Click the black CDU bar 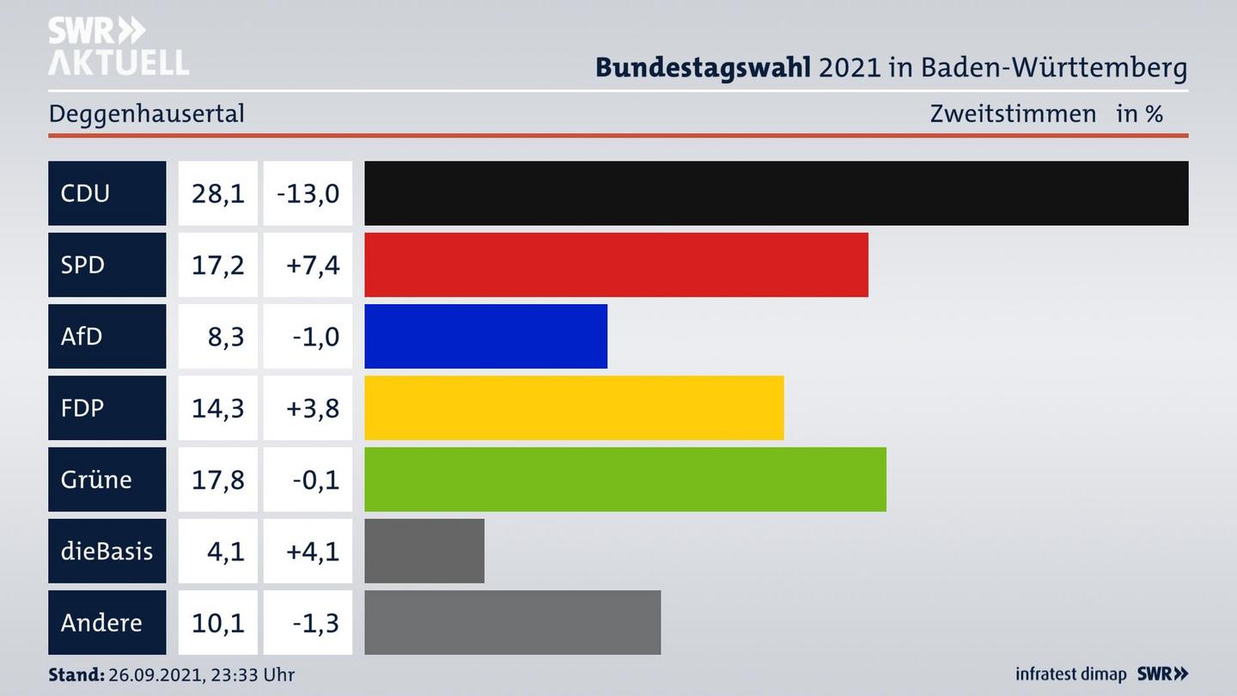tap(776, 193)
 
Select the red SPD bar tap(616, 265)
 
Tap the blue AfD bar tap(485, 336)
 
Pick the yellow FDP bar tap(574, 407)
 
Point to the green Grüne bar tap(625, 479)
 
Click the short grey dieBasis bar tap(424, 551)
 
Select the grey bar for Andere tap(512, 622)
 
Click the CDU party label tap(86, 193)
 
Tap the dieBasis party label tap(107, 551)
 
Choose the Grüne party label tap(96, 479)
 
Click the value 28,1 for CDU tap(217, 193)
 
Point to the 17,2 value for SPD tap(217, 265)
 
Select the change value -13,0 tap(308, 193)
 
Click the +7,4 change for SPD tap(312, 265)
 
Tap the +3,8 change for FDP tap(312, 407)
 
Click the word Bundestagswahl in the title tap(703, 67)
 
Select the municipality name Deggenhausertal tap(147, 113)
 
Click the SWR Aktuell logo tap(119, 46)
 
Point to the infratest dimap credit tap(1070, 675)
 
